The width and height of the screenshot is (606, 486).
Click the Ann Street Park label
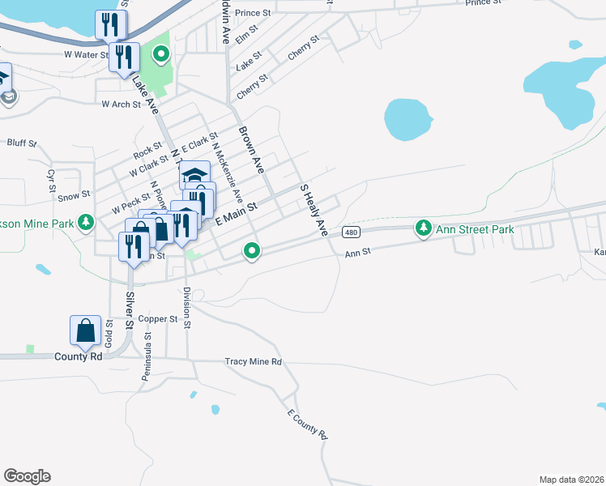tap(475, 230)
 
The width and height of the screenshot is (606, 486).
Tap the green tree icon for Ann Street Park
tap(423, 229)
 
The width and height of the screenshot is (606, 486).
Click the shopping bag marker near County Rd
tap(86, 331)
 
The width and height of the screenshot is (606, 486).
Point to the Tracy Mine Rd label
tap(253, 361)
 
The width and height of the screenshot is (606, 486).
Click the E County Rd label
tap(307, 424)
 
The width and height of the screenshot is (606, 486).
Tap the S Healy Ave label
tap(314, 210)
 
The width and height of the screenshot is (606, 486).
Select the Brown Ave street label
tap(250, 150)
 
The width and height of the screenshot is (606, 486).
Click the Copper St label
tap(157, 319)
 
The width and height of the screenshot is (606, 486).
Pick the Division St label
tap(186, 308)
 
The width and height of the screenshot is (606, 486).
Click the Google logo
tap(27, 476)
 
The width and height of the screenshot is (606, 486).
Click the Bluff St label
tap(22, 143)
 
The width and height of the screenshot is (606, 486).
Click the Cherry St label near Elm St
tap(304, 49)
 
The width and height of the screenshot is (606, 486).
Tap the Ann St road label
tap(357, 253)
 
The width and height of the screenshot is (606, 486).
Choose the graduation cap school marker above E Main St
tap(194, 175)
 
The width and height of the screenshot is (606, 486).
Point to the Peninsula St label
tap(148, 354)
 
